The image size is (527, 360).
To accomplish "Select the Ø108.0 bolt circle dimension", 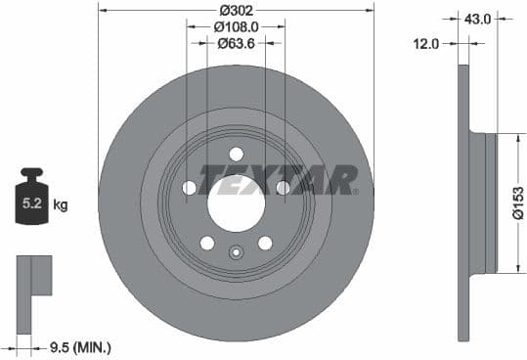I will (237, 27).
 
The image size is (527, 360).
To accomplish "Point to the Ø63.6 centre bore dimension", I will (237, 44).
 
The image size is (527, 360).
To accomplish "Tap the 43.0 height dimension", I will (478, 18).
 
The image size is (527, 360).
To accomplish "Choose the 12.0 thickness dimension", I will (428, 44).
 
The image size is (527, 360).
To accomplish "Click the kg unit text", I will (61, 205).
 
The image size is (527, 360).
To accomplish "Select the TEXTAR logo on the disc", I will (279, 180).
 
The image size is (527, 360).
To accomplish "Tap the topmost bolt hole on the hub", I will (237, 154).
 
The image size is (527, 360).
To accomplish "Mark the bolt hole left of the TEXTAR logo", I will (190, 188).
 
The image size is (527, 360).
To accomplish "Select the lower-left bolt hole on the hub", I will (207, 243).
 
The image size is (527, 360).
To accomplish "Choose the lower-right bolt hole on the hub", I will (265, 243).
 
